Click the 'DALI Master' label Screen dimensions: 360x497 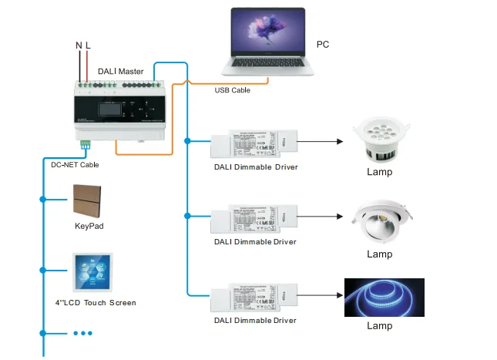(x=120, y=72)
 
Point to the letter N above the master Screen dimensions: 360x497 (x=79, y=46)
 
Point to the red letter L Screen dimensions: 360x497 (x=88, y=46)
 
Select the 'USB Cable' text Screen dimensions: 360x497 (x=232, y=90)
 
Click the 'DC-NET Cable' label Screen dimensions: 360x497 (x=70, y=164)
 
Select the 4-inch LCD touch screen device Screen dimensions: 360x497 (x=94, y=271)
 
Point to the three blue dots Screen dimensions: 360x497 (x=82, y=333)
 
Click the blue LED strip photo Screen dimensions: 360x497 (x=384, y=298)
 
